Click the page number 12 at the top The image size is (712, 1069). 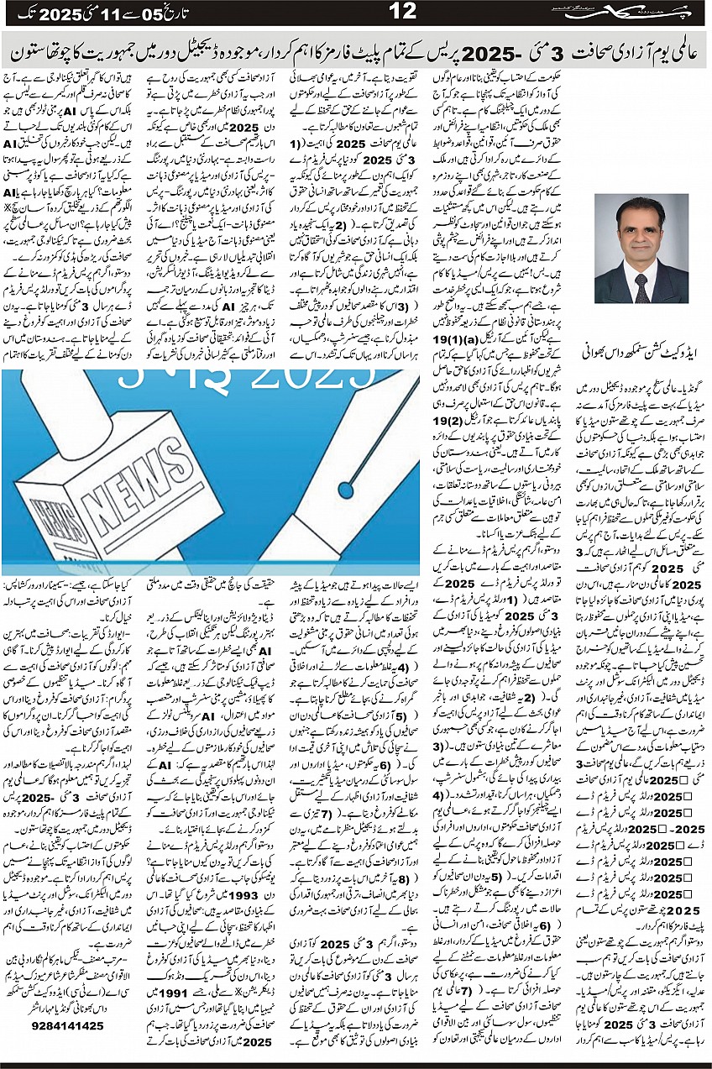403,13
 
